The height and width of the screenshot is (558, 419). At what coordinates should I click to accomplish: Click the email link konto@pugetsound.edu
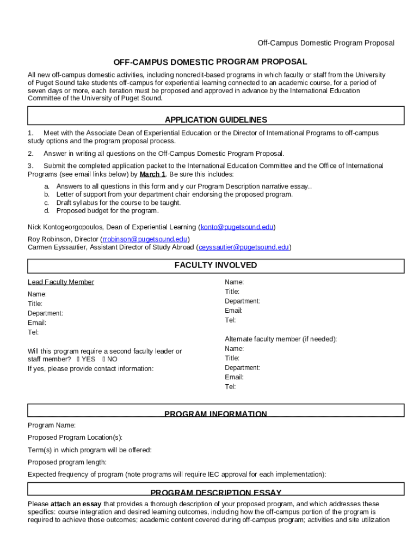click(237, 227)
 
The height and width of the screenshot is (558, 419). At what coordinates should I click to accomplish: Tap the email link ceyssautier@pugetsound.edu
click(243, 247)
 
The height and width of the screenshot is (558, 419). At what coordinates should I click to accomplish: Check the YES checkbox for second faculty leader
click(78, 360)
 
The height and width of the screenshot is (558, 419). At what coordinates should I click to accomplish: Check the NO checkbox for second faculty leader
click(104, 360)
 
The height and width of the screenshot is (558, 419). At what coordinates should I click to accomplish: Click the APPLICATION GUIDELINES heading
click(215, 120)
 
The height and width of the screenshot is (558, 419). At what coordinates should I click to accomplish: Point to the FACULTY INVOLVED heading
click(215, 265)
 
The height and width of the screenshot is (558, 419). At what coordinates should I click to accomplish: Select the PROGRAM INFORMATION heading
click(215, 414)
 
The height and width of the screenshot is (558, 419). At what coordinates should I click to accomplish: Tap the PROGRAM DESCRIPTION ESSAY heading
click(215, 493)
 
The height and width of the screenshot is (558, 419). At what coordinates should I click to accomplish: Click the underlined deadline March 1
click(152, 174)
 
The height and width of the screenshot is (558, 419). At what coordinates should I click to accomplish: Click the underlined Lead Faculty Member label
click(61, 282)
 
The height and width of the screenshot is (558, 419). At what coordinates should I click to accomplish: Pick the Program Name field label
click(52, 425)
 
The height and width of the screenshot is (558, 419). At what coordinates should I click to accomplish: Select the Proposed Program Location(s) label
click(75, 438)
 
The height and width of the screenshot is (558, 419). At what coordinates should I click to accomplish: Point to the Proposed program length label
click(67, 462)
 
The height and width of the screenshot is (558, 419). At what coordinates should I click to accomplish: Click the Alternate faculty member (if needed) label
click(281, 339)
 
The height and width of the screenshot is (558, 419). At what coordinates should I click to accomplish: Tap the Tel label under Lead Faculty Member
click(33, 332)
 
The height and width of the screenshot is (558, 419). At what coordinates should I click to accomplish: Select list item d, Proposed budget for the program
click(107, 211)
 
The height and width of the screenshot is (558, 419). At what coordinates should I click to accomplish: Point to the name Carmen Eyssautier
click(57, 247)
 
